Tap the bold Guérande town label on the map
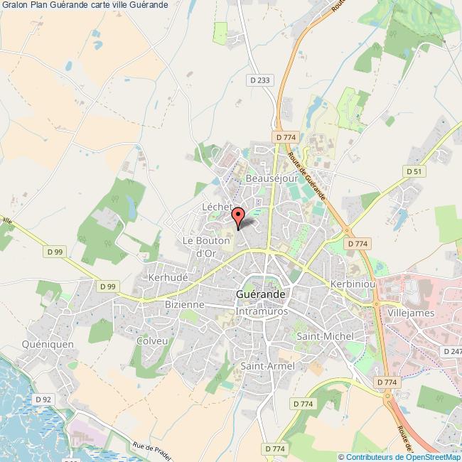261,294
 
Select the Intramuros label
261,310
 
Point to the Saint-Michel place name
325,335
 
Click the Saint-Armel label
267,365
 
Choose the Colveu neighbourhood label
152,340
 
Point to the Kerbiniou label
352,283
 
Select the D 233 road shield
261,81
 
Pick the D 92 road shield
43,399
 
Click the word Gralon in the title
14,5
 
